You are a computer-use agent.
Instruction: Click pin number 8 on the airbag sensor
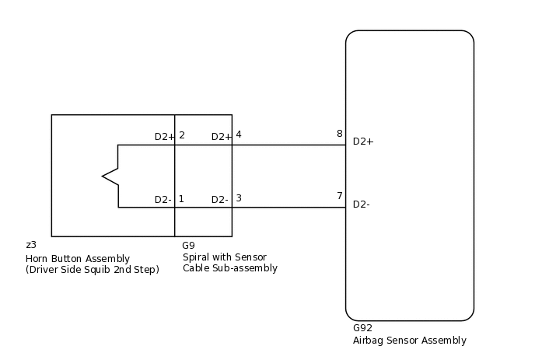click(339, 134)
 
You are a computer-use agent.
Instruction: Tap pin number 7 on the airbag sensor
click(339, 196)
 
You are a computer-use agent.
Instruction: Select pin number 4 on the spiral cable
click(238, 135)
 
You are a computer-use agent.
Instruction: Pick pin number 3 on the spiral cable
click(238, 198)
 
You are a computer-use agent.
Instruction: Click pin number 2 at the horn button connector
click(181, 135)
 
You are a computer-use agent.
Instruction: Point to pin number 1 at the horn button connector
click(181, 199)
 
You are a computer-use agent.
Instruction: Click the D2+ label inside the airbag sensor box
click(363, 142)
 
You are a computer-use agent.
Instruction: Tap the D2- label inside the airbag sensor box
click(361, 204)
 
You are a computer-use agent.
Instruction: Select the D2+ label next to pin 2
click(164, 137)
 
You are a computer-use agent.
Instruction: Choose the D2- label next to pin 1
click(163, 200)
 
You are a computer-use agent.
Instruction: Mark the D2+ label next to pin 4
click(221, 137)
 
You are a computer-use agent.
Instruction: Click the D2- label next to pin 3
click(219, 200)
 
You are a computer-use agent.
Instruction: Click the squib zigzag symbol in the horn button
click(110, 177)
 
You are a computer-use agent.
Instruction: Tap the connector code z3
click(31, 245)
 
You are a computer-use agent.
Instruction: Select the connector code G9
click(189, 246)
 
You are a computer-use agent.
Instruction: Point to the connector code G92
click(362, 328)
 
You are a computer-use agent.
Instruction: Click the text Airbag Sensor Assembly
click(410, 341)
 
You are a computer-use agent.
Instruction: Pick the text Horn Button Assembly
click(78, 259)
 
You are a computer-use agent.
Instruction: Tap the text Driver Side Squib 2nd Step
click(93, 270)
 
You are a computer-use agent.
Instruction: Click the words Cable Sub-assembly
click(230, 268)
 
